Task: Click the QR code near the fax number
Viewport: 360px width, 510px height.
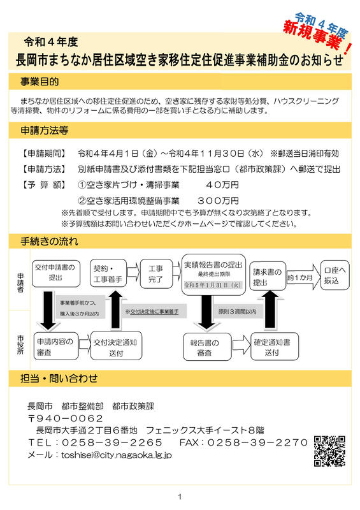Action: (329, 451)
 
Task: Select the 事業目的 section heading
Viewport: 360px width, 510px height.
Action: (40, 82)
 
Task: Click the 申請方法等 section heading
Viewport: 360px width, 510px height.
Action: (44, 131)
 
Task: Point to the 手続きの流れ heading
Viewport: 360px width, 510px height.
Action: (50, 242)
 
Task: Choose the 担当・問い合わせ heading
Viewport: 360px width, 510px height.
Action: (59, 378)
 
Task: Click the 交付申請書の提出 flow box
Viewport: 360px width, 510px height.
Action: (55, 273)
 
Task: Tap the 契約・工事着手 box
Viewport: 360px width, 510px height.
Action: (108, 273)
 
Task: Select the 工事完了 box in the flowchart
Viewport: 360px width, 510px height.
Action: (156, 273)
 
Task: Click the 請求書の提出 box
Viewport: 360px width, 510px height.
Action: (268, 277)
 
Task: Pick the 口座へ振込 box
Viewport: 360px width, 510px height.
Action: (335, 275)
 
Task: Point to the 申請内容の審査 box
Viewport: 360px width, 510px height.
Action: (55, 346)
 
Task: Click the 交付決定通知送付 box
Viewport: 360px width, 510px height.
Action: (116, 346)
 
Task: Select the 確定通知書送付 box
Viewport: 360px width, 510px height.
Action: (274, 346)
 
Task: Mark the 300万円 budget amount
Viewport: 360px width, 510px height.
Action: (218, 200)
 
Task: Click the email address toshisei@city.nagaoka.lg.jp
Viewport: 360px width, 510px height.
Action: (117, 455)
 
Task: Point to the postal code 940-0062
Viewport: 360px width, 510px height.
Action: (66, 418)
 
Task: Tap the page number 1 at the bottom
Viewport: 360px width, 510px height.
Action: (180, 497)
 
